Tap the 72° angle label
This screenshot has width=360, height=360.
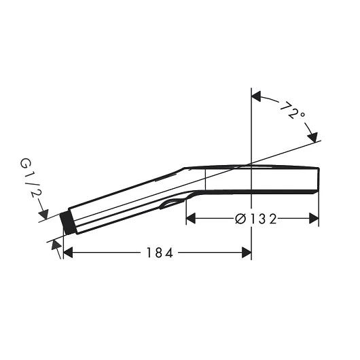pos(293,111)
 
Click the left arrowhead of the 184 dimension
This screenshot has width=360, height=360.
pos(67,253)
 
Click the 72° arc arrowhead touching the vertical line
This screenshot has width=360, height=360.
pos(257,97)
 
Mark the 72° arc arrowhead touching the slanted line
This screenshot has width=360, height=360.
pos(313,138)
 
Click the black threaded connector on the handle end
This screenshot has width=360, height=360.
pos(67,222)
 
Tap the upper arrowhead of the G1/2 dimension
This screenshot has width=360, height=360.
pos(44,216)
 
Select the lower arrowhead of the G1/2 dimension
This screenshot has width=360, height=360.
pos(55,245)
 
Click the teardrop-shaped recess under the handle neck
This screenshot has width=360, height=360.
pos(173,202)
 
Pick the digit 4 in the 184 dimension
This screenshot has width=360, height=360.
pos(170,253)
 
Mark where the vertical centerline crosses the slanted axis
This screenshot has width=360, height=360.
pos(252,164)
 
